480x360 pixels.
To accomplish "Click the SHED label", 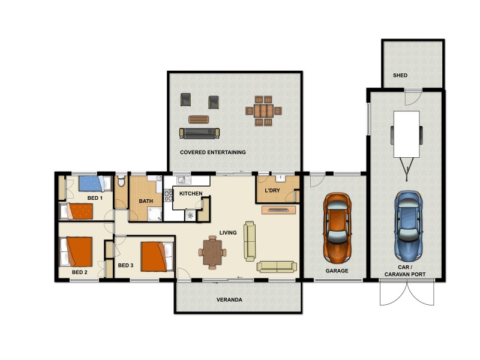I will (x=400, y=76).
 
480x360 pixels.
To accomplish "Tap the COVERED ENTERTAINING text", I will (x=213, y=152).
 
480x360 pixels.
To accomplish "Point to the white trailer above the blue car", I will (x=406, y=133).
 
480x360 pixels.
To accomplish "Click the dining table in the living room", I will (x=212, y=252).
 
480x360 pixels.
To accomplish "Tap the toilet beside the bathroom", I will (x=122, y=181).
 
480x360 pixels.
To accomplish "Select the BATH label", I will (x=146, y=201).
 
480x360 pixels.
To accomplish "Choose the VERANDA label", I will (x=229, y=300).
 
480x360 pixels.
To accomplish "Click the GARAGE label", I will (x=337, y=271).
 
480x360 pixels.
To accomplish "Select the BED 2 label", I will (x=80, y=272).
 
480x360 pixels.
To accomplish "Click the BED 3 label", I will (x=125, y=265).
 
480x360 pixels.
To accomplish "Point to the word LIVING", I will (x=228, y=233).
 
